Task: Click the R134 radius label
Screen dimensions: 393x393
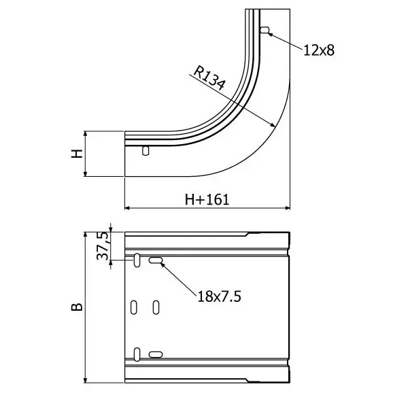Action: tap(209, 78)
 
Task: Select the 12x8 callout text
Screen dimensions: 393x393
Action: tap(319, 50)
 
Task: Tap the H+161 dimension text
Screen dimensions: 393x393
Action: tap(207, 200)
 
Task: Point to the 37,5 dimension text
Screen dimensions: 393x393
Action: tap(103, 246)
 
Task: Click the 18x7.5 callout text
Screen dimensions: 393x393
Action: tap(220, 296)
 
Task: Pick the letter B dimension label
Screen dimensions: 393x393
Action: tap(78, 307)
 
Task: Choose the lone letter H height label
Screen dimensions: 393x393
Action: tap(77, 154)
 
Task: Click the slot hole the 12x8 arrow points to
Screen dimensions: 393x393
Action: tap(264, 30)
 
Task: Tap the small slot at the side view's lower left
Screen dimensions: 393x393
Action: tap(146, 151)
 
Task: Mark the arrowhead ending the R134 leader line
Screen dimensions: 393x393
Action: tap(272, 125)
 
